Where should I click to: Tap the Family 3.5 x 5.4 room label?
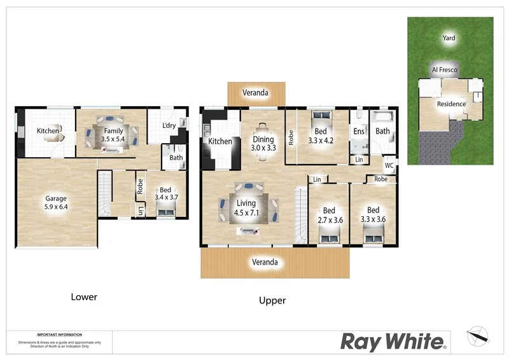tap(114, 135)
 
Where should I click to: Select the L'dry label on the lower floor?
tap(169, 126)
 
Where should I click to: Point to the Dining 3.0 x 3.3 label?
tap(263, 144)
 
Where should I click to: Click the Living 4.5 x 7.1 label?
tap(247, 209)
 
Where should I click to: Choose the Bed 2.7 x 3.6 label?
tap(329, 214)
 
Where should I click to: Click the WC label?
tap(389, 166)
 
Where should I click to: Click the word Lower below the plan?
tap(83, 297)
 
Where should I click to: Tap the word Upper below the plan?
tap(272, 300)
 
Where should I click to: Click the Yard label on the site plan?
tap(449, 38)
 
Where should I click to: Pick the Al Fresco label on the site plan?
tap(444, 69)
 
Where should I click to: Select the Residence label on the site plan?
tap(451, 104)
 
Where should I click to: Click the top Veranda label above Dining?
tap(255, 93)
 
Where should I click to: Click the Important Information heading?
tap(59, 335)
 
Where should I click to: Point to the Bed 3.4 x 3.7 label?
tap(165, 194)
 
